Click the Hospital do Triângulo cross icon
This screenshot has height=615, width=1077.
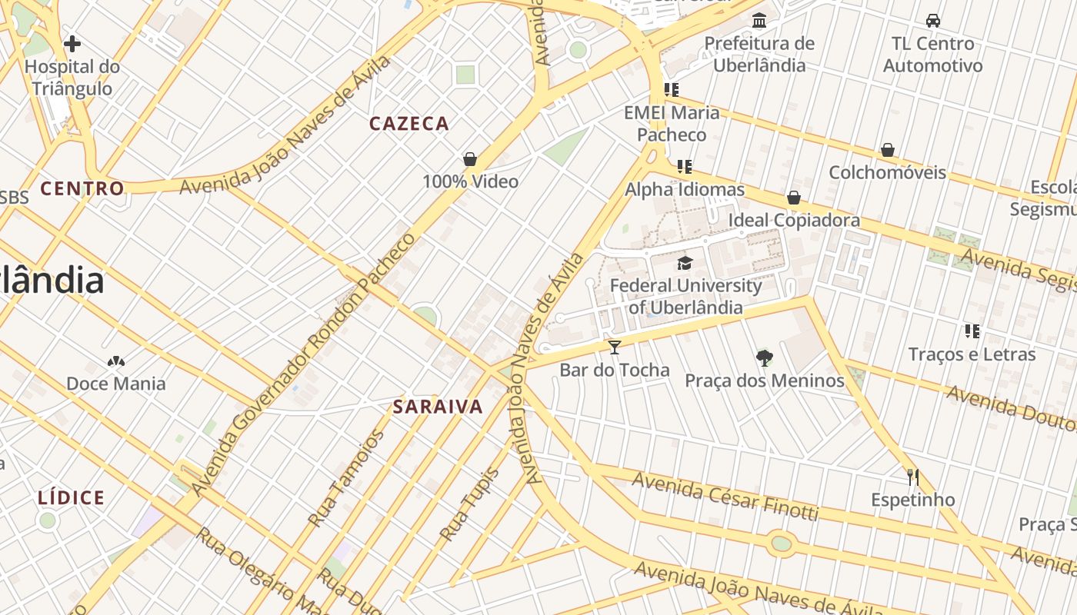point(72,44)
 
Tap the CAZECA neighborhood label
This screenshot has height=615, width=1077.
point(408,124)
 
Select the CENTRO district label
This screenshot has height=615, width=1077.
point(82,188)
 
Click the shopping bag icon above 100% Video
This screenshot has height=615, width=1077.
point(470,159)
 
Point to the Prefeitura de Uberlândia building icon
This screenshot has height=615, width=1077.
point(759,20)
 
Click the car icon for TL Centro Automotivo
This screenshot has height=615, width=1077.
point(933,20)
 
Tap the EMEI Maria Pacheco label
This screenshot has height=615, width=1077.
point(672,124)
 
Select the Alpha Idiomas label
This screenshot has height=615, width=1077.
point(685,189)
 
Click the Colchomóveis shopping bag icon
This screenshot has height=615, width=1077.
point(887,149)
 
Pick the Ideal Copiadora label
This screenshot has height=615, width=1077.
point(794,221)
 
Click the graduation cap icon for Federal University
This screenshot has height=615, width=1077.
point(685,263)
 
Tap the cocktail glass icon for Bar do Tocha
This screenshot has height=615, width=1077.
point(614,347)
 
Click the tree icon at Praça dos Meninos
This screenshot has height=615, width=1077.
point(764,357)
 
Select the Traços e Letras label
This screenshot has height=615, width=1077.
point(972,354)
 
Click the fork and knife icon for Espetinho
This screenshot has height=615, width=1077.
point(912,477)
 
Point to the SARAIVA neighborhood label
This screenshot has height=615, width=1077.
point(438,407)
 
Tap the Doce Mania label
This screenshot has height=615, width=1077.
point(116,384)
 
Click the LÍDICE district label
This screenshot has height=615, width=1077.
point(72,498)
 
